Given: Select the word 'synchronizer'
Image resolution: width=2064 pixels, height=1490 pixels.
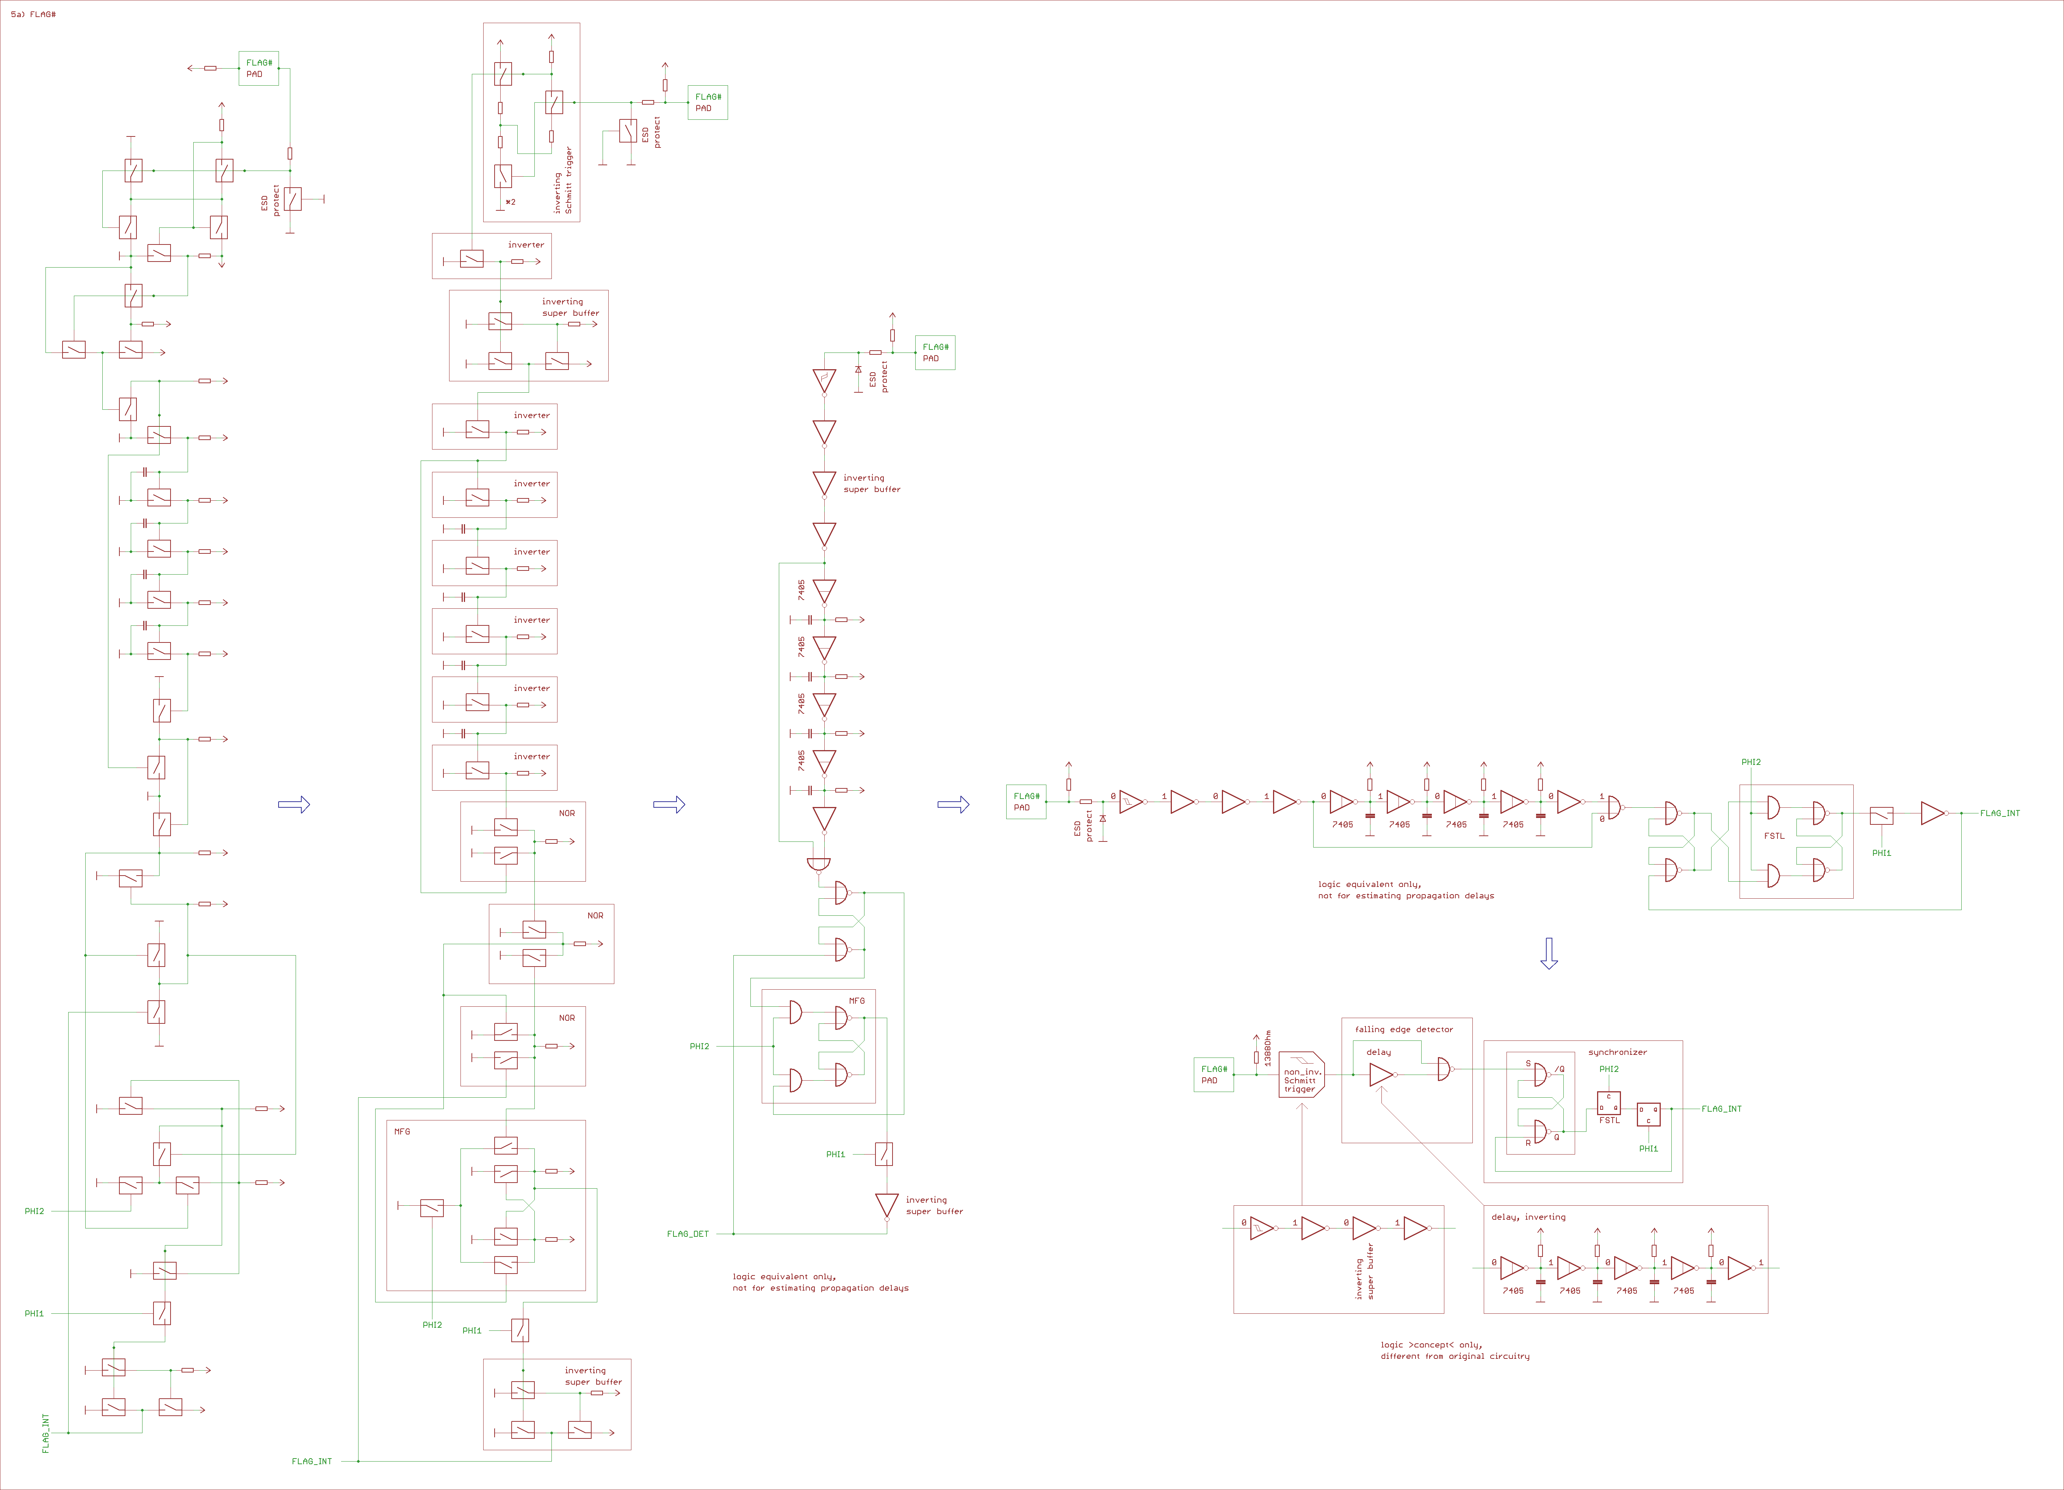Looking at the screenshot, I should click(1617, 1052).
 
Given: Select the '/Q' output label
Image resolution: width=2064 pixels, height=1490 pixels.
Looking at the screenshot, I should click(1559, 1070).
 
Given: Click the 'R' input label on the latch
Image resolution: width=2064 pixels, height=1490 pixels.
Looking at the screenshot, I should click(1528, 1142).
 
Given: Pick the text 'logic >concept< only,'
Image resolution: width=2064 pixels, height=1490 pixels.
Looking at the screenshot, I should click(1431, 1344).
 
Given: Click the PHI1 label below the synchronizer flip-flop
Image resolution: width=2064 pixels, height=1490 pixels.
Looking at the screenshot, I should click(1648, 1148).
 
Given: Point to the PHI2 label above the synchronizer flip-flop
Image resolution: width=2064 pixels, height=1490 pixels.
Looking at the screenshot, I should click(1609, 1070).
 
